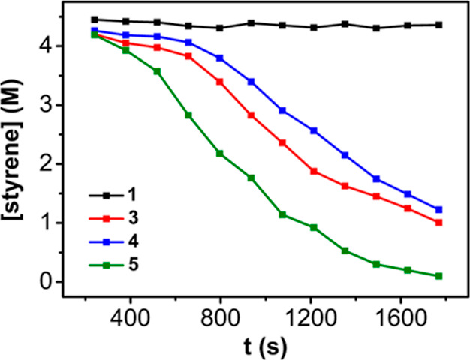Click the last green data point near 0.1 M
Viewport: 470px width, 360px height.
click(438, 276)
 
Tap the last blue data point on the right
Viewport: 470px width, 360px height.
click(438, 210)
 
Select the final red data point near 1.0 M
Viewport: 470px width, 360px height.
click(438, 223)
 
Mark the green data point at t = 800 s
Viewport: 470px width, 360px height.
click(220, 154)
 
